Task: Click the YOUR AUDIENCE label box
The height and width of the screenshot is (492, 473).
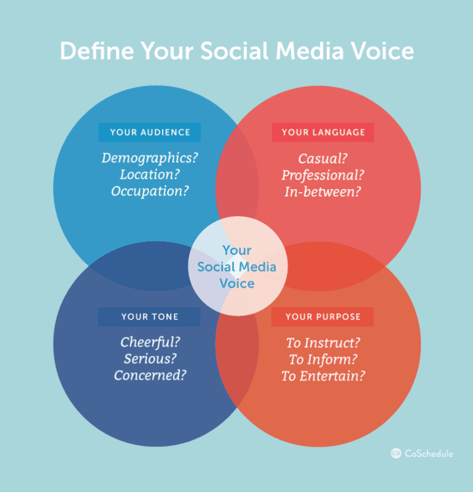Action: [149, 132]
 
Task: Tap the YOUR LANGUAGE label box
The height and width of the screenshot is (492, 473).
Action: [323, 132]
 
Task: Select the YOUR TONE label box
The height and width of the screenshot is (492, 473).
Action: [149, 317]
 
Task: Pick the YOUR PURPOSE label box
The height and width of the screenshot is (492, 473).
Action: [323, 317]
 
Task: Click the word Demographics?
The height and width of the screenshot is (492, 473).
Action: [150, 158]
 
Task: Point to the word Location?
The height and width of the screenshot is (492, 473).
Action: [150, 175]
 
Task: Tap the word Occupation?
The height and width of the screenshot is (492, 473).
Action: [150, 192]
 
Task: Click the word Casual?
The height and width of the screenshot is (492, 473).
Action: [323, 158]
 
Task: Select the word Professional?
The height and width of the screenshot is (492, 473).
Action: [323, 175]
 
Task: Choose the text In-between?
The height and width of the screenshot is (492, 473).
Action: [323, 192]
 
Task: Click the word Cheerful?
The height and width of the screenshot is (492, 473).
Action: [150, 342]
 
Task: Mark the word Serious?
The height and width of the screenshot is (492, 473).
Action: [150, 359]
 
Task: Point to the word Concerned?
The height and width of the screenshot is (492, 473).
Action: [150, 375]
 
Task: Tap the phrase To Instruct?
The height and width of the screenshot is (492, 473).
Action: [323, 342]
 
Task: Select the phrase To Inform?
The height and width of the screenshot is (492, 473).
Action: [323, 359]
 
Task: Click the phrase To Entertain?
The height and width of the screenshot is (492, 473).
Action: [323, 376]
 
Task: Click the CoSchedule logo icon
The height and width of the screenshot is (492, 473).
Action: [396, 453]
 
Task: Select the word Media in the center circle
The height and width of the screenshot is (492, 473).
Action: [255, 267]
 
